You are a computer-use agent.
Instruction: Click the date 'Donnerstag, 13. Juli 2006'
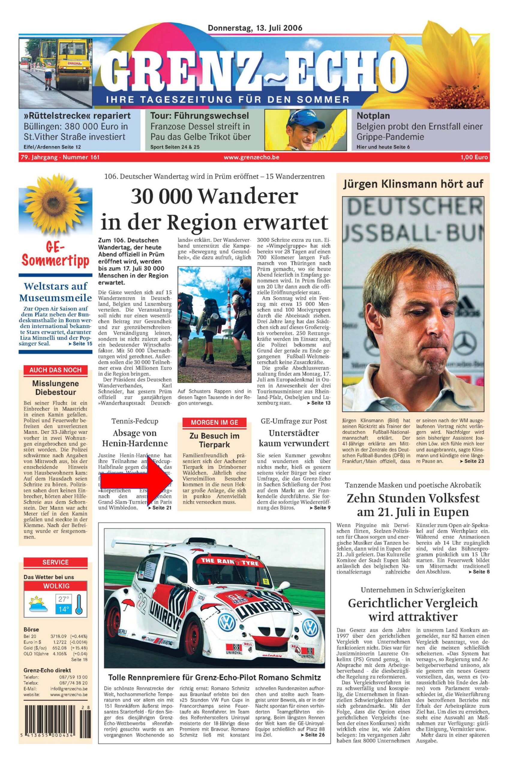point(255,28)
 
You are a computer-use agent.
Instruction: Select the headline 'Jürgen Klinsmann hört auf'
point(413,184)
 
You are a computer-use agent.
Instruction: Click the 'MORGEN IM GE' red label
point(214,422)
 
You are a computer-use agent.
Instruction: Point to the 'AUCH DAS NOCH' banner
point(55,370)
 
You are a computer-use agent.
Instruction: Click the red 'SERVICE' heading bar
point(55,562)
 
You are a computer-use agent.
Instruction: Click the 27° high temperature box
point(63,599)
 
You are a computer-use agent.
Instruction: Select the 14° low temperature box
point(63,609)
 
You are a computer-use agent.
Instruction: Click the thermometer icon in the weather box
point(79,604)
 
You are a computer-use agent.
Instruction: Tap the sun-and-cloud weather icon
point(38,604)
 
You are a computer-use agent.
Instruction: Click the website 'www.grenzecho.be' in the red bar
point(251,157)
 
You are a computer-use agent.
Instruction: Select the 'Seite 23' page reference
point(472,461)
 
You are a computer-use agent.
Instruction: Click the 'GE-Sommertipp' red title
point(55,256)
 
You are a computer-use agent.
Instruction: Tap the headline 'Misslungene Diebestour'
point(55,388)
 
